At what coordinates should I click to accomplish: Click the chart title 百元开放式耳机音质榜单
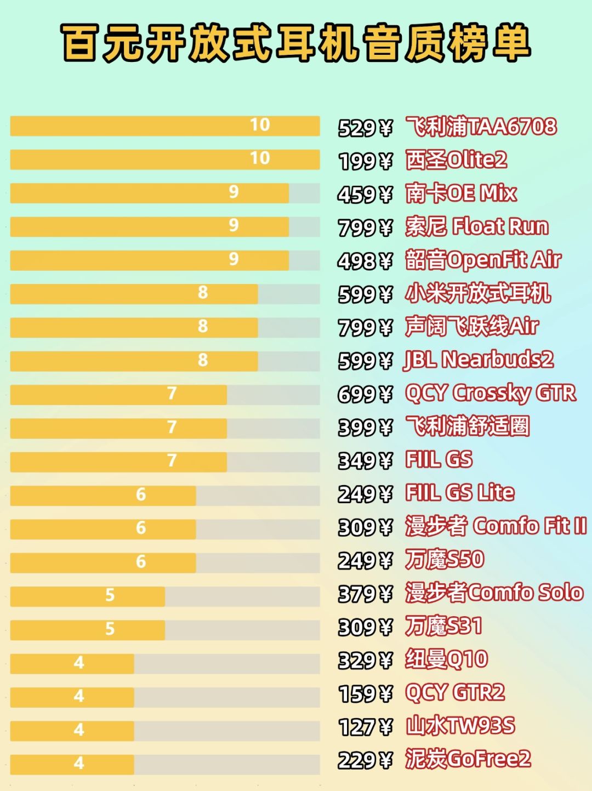[296, 43]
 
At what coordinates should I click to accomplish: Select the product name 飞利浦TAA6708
[481, 127]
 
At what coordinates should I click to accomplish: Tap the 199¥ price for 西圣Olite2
[365, 161]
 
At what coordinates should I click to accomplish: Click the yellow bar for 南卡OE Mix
[150, 193]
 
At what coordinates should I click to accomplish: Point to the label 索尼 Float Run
[477, 227]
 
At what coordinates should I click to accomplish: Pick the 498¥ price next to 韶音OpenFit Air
[365, 261]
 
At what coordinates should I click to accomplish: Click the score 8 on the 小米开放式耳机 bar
[203, 292]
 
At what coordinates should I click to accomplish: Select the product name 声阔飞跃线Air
[471, 327]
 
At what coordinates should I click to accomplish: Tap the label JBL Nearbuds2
[479, 360]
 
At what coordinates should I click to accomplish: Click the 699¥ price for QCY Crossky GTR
[365, 394]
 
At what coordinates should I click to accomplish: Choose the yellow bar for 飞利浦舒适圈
[118, 429]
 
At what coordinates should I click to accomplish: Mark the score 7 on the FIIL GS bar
[172, 460]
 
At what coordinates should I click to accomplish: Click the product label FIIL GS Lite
[460, 493]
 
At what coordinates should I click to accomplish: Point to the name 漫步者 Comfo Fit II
[496, 526]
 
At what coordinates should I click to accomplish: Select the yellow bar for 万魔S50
[103, 563]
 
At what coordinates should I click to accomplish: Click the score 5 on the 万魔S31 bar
[110, 629]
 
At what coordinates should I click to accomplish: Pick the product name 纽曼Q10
[446, 659]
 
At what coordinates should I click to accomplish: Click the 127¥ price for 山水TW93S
[365, 726]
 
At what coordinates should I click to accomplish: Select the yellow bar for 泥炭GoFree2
[72, 765]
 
